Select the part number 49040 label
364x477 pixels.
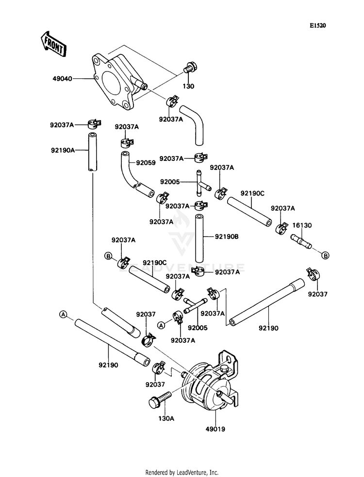point(62,78)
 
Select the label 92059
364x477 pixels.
point(146,163)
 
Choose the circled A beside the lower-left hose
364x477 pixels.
point(63,315)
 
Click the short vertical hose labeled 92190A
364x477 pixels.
point(92,151)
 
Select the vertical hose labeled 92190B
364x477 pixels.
point(199,238)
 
